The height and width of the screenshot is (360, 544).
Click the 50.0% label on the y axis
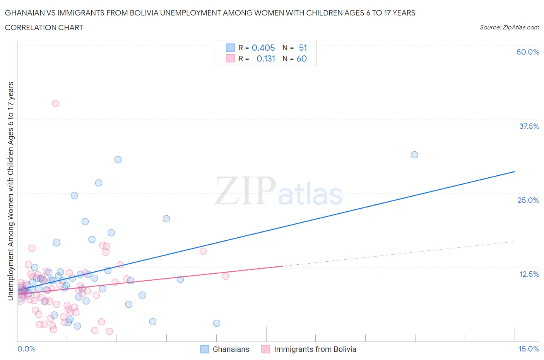coord(528,52)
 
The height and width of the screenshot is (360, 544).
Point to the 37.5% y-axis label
coord(529,126)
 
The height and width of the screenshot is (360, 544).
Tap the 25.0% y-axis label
coord(528,200)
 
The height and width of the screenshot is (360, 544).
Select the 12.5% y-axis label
coord(529,274)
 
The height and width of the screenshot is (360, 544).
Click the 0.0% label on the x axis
coord(26,349)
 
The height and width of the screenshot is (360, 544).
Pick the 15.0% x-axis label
coord(529,349)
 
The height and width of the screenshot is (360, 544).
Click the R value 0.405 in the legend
coord(263,48)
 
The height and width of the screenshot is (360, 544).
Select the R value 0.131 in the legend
coord(266,58)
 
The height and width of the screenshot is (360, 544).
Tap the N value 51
coord(303,48)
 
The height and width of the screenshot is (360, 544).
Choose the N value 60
coord(301,58)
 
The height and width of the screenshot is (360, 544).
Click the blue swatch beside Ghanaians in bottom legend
coord(205,349)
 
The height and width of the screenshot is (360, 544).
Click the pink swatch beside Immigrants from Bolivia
coord(265,349)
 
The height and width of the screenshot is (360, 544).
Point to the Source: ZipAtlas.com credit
coord(509,27)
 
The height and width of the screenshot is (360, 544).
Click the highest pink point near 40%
coord(55,103)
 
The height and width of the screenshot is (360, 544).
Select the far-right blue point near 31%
coord(414,155)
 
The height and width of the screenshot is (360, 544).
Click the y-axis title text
coord(10,191)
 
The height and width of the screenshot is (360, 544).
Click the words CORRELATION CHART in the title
coord(44,27)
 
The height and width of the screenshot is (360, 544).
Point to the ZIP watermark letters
coord(245,190)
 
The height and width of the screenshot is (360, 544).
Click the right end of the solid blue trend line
coord(515,171)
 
